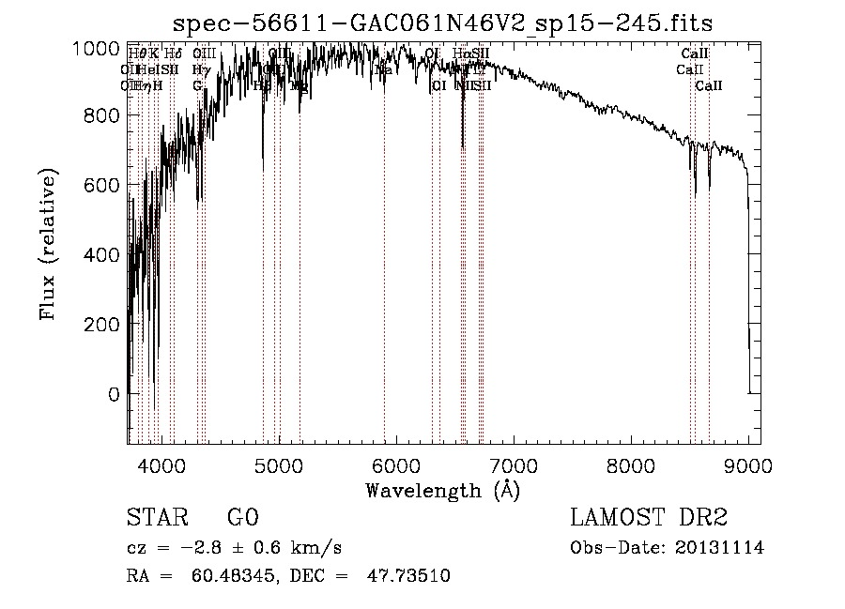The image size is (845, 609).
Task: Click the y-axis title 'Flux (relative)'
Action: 48,245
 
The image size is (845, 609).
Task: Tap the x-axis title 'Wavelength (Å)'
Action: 442,490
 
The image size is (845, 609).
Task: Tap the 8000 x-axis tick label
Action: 631,464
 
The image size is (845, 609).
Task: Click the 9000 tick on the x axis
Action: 748,464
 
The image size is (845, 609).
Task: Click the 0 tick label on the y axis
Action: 113,394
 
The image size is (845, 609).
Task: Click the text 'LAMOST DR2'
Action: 649,518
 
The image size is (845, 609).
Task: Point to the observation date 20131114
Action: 722,548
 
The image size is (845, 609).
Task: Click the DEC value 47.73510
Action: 411,576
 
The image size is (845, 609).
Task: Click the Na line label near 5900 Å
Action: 384,70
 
